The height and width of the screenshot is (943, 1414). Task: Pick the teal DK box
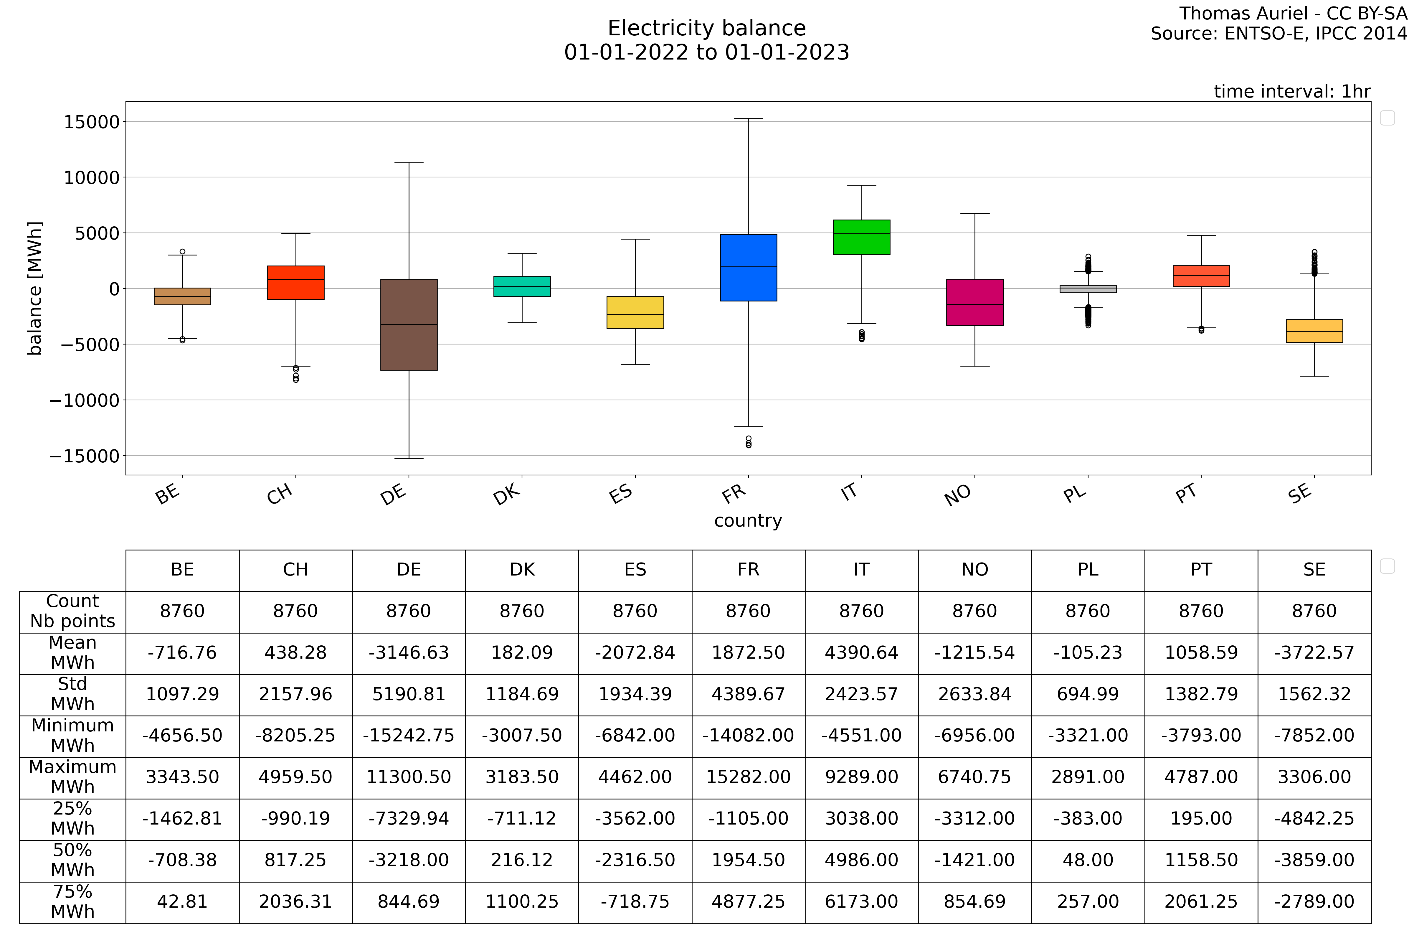(522, 286)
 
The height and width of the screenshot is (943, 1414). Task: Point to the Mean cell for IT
(861, 652)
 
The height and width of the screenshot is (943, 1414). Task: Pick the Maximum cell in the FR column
(749, 777)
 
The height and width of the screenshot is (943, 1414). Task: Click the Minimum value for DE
(409, 736)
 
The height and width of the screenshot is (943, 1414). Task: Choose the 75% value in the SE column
(1314, 901)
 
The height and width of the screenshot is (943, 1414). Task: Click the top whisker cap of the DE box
(409, 163)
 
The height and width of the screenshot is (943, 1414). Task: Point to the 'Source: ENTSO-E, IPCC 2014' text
(1279, 34)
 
